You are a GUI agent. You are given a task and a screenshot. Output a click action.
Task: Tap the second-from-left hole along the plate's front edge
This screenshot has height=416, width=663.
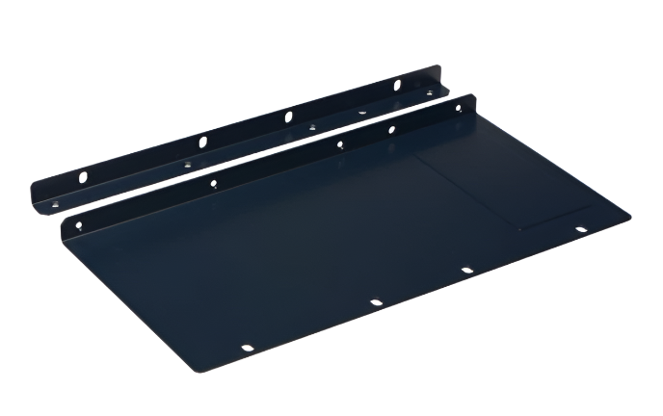[x=376, y=303]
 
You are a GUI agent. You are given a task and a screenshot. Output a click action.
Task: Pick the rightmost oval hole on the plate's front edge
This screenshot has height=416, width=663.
[x=580, y=229]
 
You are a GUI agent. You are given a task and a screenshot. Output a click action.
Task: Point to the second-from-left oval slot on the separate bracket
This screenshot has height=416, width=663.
[x=202, y=143]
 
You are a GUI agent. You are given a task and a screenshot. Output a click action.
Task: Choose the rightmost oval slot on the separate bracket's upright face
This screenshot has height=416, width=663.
[x=395, y=85]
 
